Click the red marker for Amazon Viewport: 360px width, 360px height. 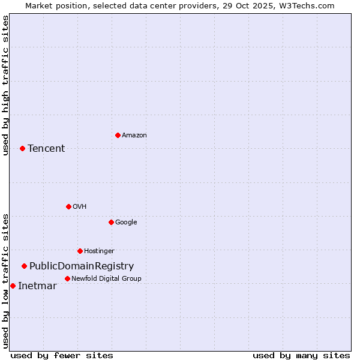pos(118,135)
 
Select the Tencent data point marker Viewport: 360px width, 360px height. pos(22,148)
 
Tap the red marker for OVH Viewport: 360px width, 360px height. pos(68,206)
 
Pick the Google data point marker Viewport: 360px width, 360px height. pos(111,222)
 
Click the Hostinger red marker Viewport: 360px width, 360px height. pos(80,251)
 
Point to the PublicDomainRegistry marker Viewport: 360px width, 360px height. pos(24,266)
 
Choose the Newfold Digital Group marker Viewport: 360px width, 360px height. pos(67,278)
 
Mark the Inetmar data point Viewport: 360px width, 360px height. pos(13,286)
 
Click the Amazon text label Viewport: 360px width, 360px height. pos(134,136)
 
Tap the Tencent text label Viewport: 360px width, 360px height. pos(46,149)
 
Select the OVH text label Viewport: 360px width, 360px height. pos(80,207)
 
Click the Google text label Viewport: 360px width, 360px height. pos(126,223)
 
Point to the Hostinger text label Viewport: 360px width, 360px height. pos(99,251)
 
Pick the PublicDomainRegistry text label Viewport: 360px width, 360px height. pos(82,266)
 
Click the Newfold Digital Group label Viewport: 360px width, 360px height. pos(106,279)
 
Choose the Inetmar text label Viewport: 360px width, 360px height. pos(37,286)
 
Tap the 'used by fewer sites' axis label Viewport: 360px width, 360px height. pos(62,355)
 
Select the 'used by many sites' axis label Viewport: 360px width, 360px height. pos(301,355)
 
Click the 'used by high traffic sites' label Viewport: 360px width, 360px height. pos(5,85)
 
